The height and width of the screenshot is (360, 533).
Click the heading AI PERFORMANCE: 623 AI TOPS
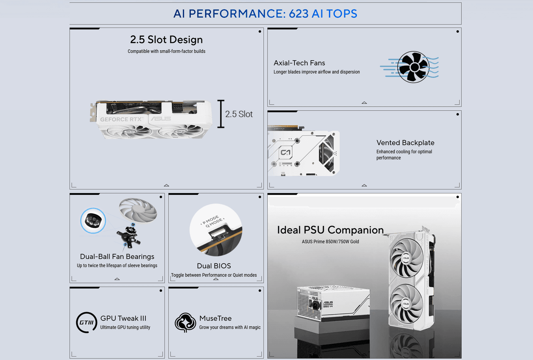tap(265, 14)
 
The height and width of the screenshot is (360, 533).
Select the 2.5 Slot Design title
tap(166, 40)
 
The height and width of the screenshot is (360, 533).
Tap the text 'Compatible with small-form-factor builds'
tap(166, 51)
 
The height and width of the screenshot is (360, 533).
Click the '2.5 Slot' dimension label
tap(239, 114)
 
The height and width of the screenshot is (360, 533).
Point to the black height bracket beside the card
tap(221, 114)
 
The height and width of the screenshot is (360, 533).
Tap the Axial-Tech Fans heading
tap(299, 63)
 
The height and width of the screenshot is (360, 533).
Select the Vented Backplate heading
tap(405, 143)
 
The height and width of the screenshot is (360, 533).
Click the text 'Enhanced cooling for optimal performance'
tap(404, 154)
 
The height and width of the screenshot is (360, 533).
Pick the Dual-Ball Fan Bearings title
tap(117, 256)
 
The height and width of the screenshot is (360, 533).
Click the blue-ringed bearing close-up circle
tap(92, 221)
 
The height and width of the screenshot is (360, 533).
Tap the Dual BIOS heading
tap(214, 266)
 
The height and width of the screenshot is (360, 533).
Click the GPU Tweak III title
tap(123, 318)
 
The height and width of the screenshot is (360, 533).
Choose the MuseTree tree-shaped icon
tap(185, 323)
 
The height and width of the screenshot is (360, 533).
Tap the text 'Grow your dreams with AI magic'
tap(229, 327)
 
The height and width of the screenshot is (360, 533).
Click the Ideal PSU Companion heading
tap(330, 230)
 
